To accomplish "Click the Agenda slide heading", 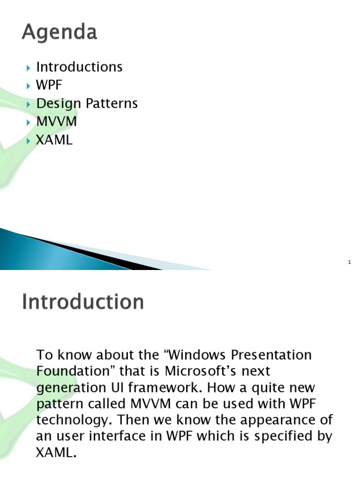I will pos(59,33).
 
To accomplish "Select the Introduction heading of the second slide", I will pos(82,302).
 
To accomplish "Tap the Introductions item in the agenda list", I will pos(79,67).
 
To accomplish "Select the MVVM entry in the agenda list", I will pos(56,122).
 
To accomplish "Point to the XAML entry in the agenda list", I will pos(54,140).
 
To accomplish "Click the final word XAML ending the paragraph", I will pos(54,453).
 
